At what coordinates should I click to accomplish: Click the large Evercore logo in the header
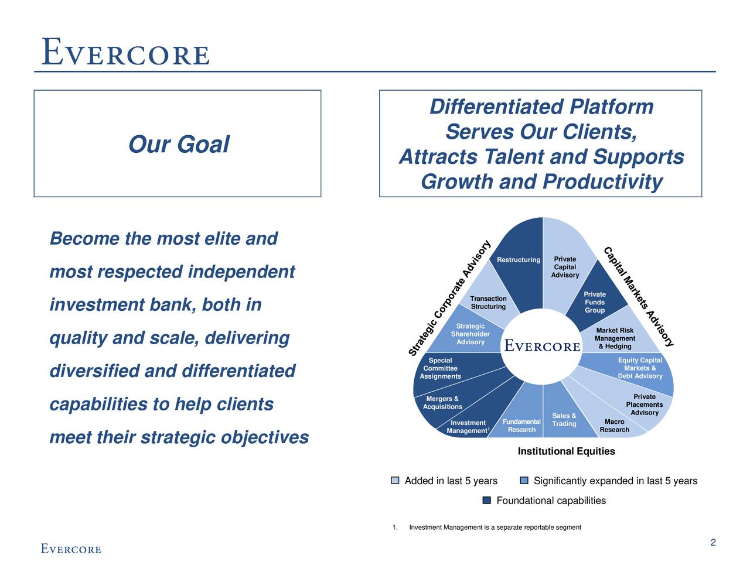click(125, 52)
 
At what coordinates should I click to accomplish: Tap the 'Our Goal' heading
click(179, 144)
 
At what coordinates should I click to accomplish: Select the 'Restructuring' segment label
click(518, 260)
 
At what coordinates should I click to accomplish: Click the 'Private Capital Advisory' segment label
click(565, 267)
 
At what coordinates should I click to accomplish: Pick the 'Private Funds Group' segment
click(594, 302)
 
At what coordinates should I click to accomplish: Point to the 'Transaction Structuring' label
click(488, 303)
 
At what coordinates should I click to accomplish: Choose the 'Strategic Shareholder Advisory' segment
click(470, 334)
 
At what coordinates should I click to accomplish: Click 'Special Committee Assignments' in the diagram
click(440, 368)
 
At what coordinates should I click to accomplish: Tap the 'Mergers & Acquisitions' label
click(442, 402)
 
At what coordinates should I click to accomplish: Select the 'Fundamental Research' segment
click(521, 426)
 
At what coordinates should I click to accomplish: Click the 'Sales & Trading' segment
click(564, 420)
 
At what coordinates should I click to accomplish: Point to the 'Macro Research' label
click(615, 426)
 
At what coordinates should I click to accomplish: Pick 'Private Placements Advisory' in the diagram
click(644, 405)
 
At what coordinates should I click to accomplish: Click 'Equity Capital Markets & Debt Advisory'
click(640, 368)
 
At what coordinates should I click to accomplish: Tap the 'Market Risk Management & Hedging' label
click(615, 338)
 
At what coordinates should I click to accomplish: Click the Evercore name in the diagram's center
click(542, 345)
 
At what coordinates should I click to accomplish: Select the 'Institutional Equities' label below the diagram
click(566, 451)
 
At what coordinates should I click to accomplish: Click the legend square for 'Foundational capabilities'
click(486, 501)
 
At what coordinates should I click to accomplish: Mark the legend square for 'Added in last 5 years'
click(395, 481)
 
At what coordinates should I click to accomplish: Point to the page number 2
click(712, 543)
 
